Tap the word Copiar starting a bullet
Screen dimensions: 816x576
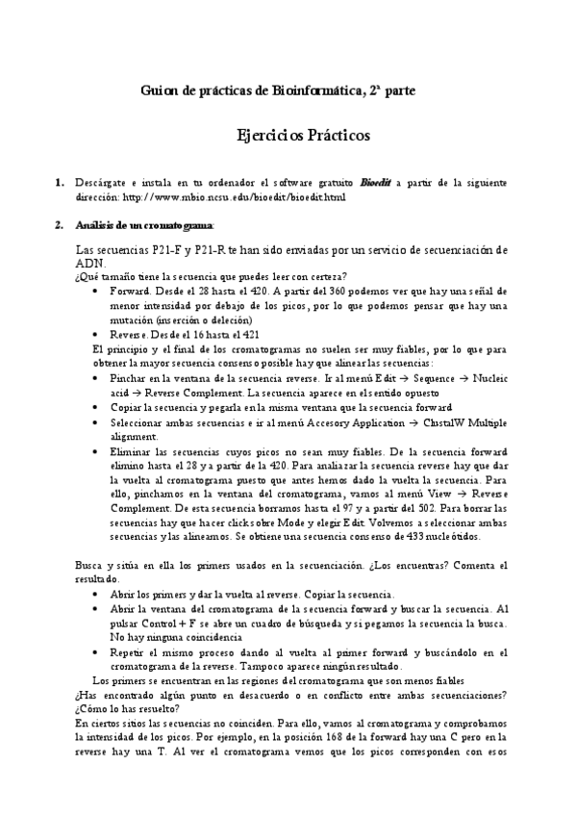(x=128, y=407)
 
